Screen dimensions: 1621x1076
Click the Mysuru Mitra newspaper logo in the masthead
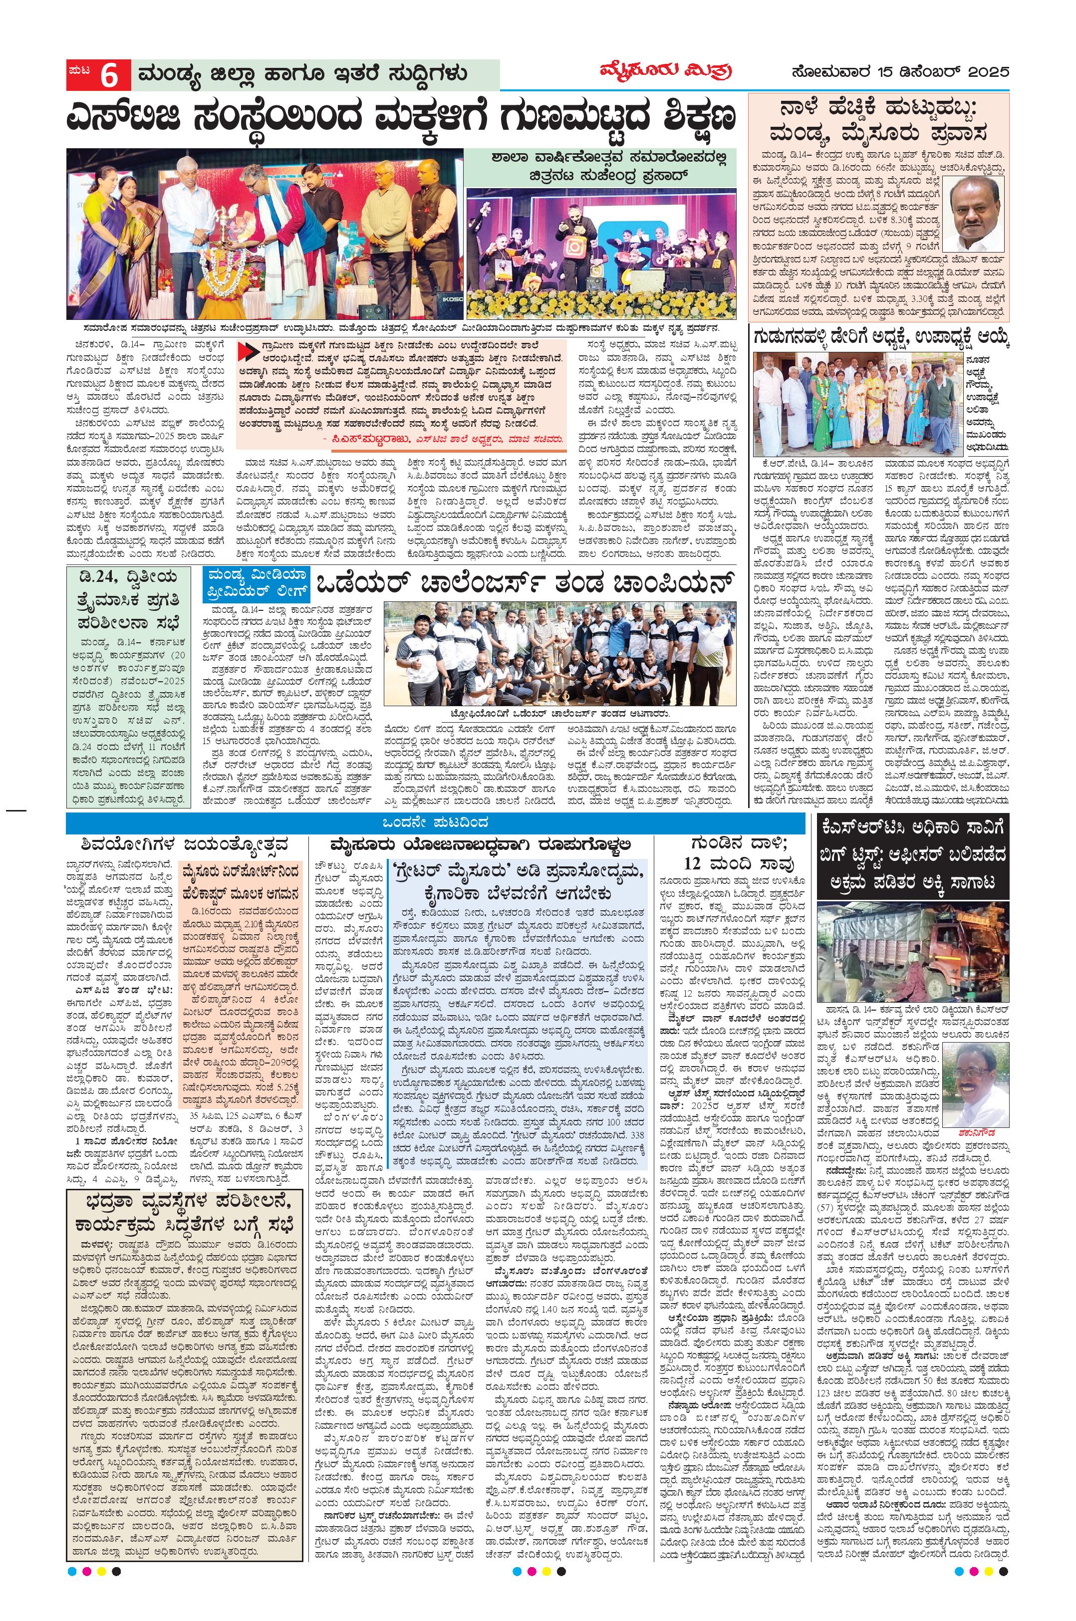665,72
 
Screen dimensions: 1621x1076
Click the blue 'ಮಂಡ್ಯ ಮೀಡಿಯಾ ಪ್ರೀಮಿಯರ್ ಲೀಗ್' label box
256,585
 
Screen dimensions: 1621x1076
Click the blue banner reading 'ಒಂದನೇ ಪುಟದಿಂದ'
435,823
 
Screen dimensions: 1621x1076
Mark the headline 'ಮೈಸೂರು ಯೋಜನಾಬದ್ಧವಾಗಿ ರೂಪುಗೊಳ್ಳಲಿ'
480,844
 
